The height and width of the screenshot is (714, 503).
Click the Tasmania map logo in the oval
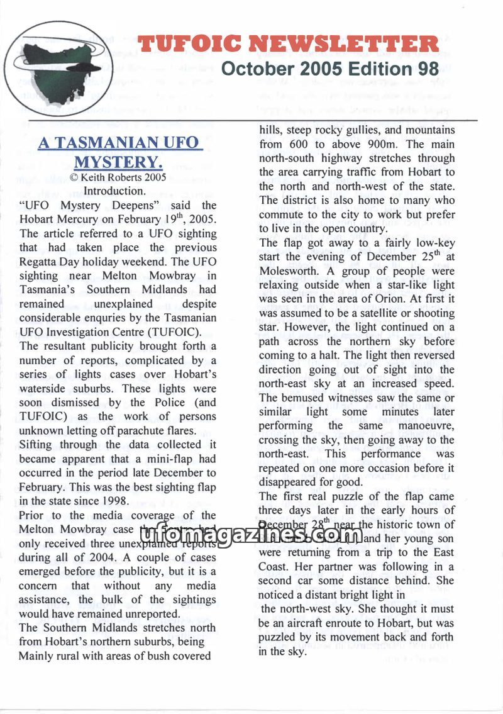(x=58, y=61)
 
